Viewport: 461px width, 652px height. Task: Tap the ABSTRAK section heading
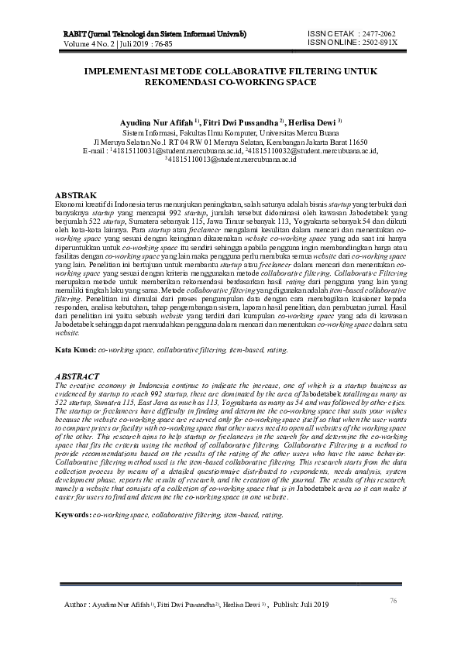pyautogui.click(x=77, y=194)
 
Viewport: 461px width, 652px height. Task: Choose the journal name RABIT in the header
pyautogui.click(x=74, y=35)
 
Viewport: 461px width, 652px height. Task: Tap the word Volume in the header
pyautogui.click(x=77, y=43)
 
